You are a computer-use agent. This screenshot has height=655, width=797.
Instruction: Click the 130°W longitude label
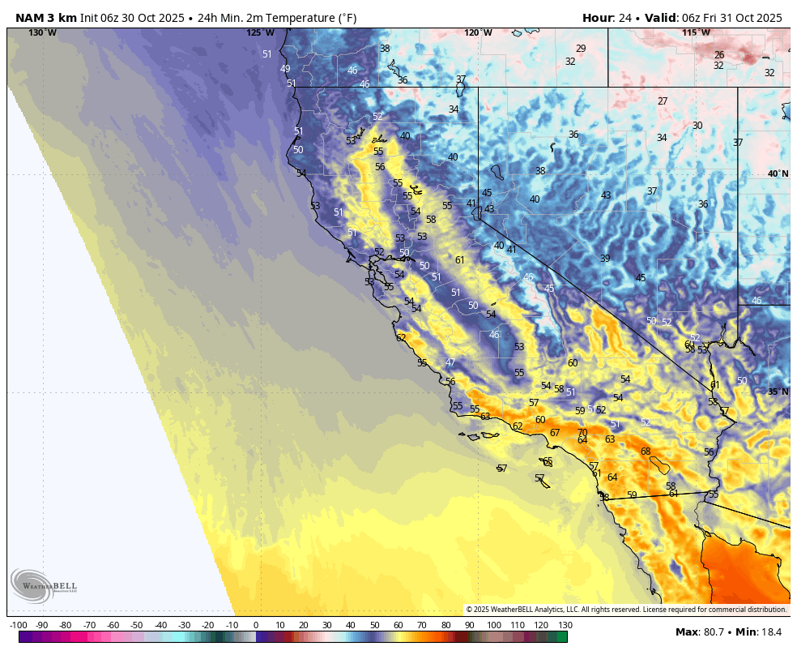(x=43, y=33)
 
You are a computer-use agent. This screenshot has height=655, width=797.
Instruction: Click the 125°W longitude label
(x=260, y=33)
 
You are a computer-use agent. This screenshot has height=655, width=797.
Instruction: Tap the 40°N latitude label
(x=778, y=173)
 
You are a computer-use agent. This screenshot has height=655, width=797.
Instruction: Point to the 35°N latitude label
(x=778, y=392)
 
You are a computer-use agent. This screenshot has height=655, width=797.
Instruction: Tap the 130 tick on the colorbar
(x=565, y=625)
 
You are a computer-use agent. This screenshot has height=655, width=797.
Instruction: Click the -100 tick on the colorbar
(x=19, y=625)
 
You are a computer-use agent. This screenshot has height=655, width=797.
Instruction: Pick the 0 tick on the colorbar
(x=256, y=625)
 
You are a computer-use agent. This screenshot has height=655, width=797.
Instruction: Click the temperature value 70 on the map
(x=582, y=433)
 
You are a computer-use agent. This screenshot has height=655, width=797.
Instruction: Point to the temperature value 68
(x=646, y=452)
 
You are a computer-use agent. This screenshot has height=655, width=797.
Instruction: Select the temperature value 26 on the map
(x=719, y=55)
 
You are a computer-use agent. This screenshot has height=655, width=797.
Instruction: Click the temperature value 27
(x=663, y=101)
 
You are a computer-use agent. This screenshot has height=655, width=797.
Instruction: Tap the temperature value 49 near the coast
(x=285, y=69)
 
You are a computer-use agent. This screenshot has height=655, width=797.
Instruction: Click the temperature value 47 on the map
(x=450, y=362)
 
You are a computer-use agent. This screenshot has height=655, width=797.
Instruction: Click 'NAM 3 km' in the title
(x=45, y=18)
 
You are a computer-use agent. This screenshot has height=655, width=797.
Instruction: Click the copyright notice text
(x=626, y=610)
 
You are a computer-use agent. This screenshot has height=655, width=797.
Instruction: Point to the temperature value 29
(x=581, y=49)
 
